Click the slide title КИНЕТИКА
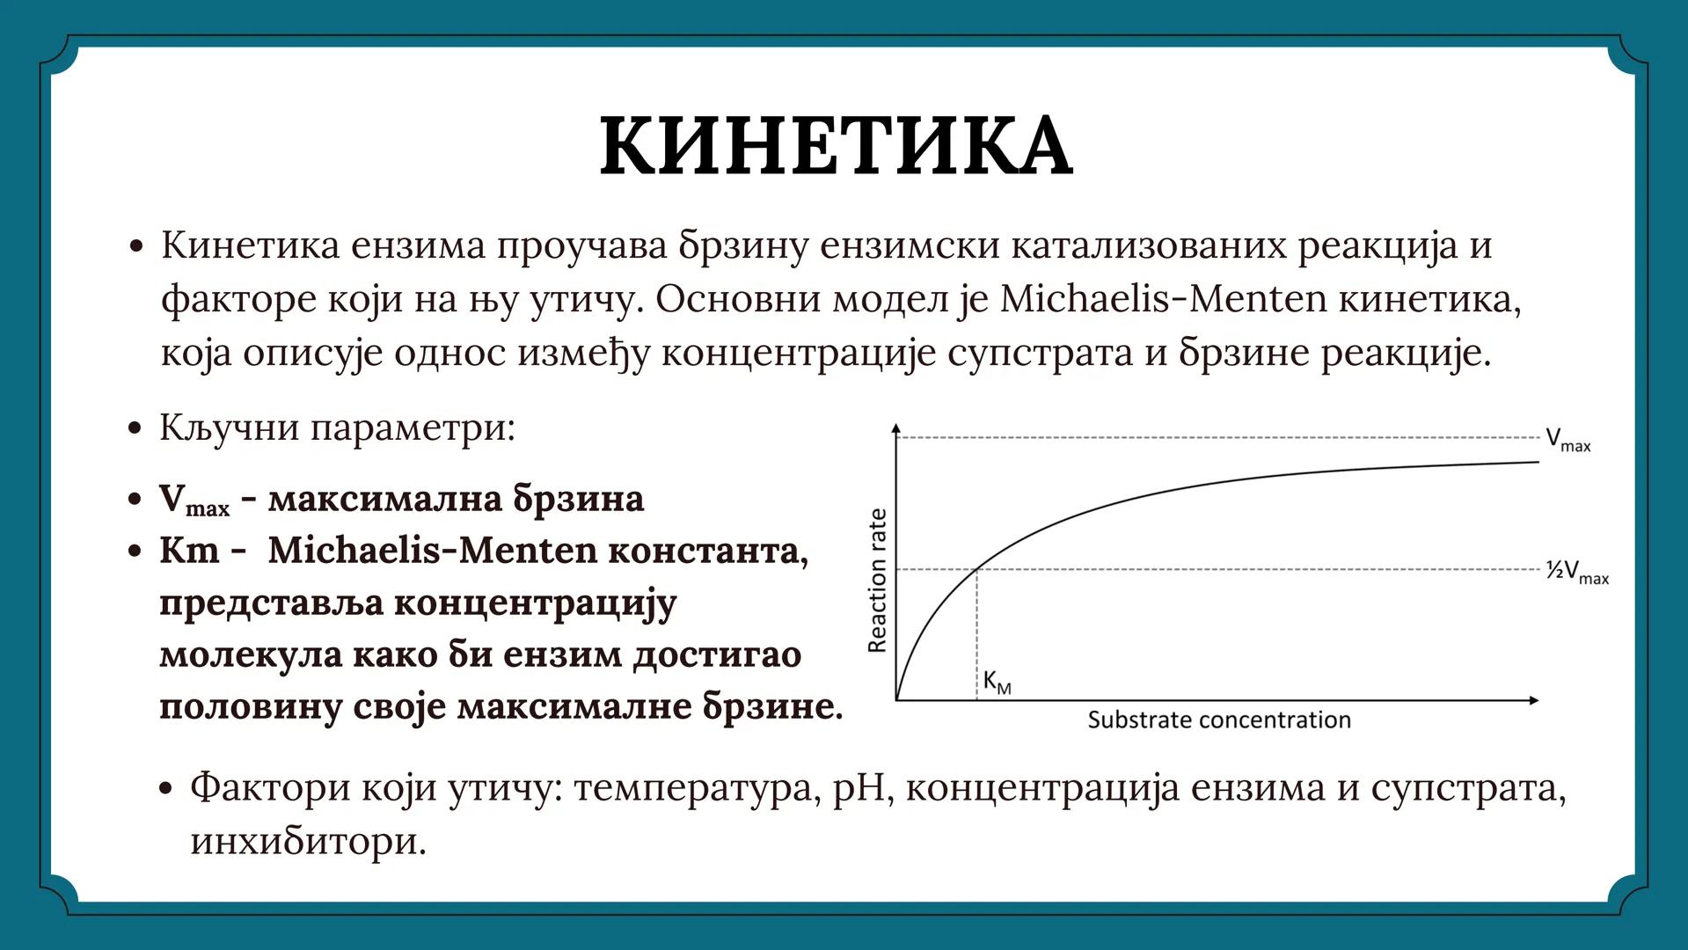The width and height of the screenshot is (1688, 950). click(x=836, y=146)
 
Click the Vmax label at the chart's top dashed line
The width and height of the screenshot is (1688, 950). click(x=1567, y=440)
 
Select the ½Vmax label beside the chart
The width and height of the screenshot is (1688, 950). click(x=1577, y=572)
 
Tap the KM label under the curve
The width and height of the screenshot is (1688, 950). click(x=997, y=682)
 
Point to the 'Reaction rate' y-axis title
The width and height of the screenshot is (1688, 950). click(x=877, y=581)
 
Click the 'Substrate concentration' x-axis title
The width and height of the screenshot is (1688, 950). click(x=1218, y=720)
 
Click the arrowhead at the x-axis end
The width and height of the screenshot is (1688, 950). click(x=1534, y=700)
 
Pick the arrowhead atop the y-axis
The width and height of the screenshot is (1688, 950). click(x=896, y=429)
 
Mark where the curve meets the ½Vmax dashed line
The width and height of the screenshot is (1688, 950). click(x=977, y=570)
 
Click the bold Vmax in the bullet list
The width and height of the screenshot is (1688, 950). click(x=193, y=500)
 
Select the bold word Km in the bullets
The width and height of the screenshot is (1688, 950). click(x=188, y=551)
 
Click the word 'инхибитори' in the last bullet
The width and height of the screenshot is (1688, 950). click(x=308, y=841)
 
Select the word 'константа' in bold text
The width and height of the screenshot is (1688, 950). click(x=707, y=551)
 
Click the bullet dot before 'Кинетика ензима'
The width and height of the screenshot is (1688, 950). click(x=135, y=247)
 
